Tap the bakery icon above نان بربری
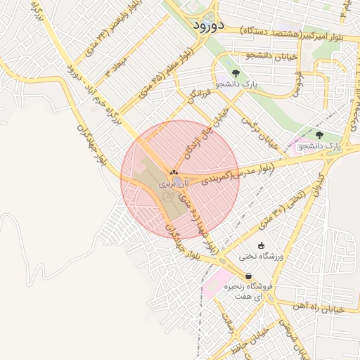coord(174,172)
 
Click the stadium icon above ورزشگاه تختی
coord(262,245)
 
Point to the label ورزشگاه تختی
coord(262,257)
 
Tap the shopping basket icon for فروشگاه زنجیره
coord(247,276)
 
